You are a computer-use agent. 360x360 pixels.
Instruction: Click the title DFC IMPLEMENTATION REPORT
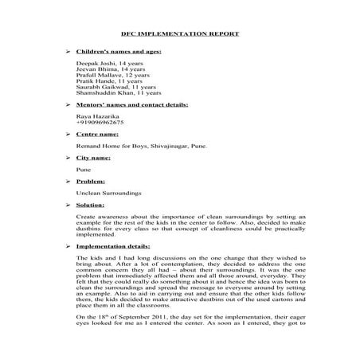click(x=179, y=34)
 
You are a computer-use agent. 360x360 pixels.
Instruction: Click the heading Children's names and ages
click(x=119, y=50)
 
